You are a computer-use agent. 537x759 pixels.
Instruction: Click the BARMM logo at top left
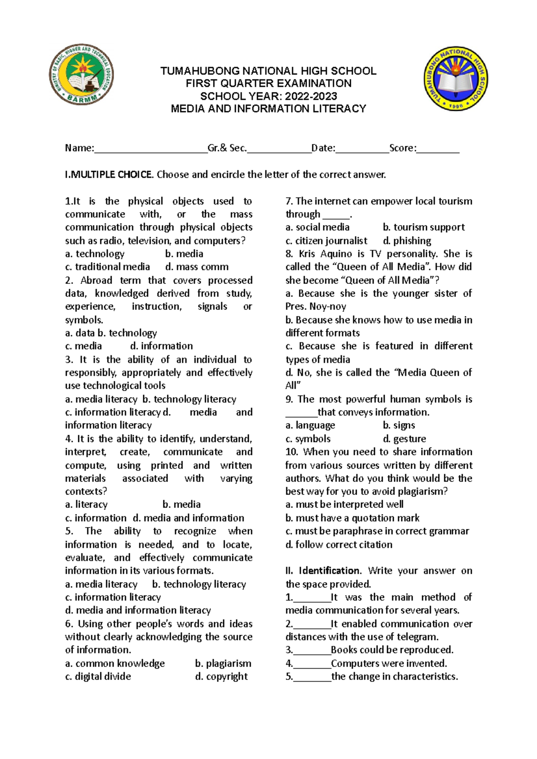point(81,74)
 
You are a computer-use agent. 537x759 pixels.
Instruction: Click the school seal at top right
point(456,79)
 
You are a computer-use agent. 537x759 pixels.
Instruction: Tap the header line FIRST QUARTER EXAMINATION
point(268,83)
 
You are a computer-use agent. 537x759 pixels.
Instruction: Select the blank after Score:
point(438,149)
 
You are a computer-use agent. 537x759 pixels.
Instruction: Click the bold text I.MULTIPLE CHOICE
point(109,175)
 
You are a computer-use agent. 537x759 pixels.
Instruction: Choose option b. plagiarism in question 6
point(223,663)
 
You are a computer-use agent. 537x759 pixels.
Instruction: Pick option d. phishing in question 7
point(407,241)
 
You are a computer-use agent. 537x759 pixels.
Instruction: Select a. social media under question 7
point(317,228)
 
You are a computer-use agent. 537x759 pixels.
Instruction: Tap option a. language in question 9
point(310,426)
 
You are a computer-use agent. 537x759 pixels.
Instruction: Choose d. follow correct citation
point(339,545)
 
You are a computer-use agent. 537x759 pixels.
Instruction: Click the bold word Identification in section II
point(329,571)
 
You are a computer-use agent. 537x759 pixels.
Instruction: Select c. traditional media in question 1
point(107,267)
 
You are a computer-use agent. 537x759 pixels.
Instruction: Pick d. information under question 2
point(161,346)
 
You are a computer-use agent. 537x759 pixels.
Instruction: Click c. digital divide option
point(98,677)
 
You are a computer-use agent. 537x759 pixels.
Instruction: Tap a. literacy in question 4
point(86,505)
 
